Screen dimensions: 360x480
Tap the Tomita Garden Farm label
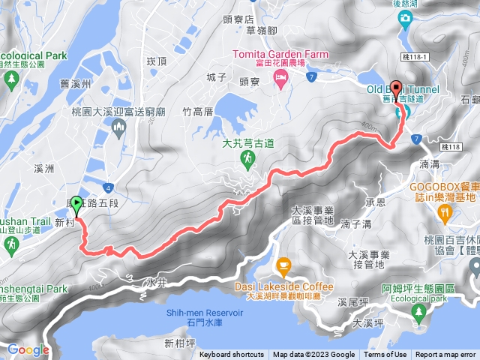[x=280, y=54]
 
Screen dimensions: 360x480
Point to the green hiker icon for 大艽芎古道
[x=249, y=157]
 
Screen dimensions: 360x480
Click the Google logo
[x=28, y=349]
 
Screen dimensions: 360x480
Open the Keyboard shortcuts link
[x=232, y=355]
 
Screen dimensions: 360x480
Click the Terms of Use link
[x=385, y=355]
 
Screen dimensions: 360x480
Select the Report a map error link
[x=445, y=355]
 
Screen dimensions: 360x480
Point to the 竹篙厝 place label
[x=199, y=111]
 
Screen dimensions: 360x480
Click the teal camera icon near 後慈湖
[x=406, y=17]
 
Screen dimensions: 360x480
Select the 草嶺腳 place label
[x=241, y=30]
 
